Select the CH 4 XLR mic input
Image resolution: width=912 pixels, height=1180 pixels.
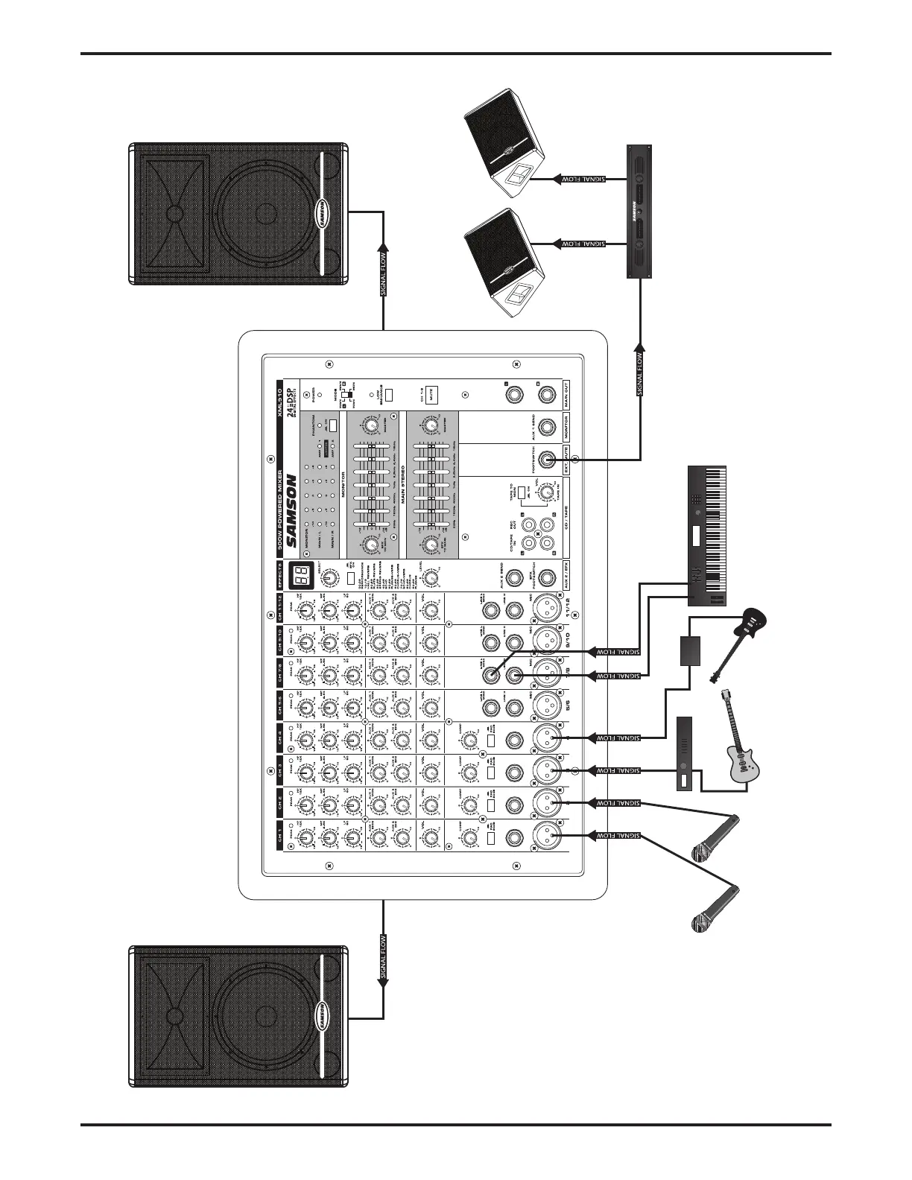(546, 738)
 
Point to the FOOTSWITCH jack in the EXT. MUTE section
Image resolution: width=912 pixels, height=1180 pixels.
(548, 460)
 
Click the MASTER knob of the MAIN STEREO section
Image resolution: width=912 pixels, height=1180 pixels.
(428, 425)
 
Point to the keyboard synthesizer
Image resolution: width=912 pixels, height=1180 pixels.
(705, 536)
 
